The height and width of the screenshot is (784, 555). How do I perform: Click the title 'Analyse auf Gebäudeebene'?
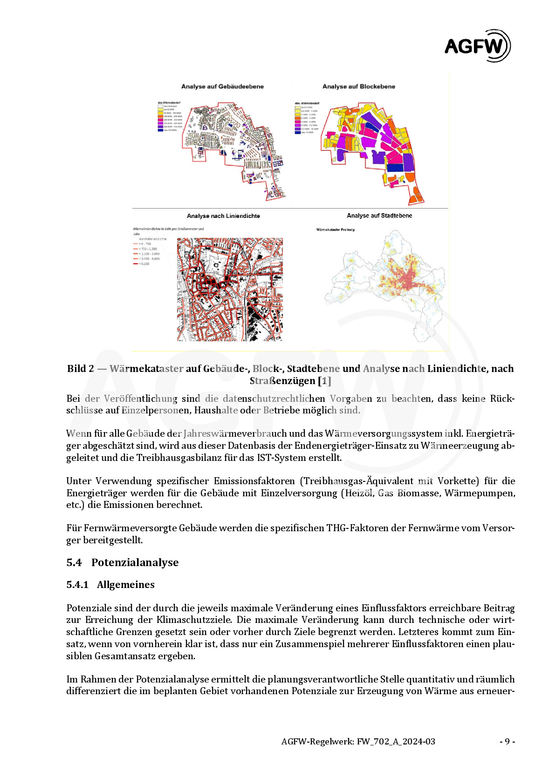pos(222,87)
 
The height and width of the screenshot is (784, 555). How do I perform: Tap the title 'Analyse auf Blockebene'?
pos(358,87)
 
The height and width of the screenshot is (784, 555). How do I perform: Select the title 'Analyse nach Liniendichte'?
pos(223,216)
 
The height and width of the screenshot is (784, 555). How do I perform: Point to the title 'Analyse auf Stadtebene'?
pos(379,216)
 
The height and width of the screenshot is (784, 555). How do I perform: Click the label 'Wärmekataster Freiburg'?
pos(335,230)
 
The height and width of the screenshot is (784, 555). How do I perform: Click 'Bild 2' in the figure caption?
pos(80,369)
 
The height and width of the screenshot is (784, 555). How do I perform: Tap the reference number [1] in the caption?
pos(324,381)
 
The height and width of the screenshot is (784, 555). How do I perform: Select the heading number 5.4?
pos(74,562)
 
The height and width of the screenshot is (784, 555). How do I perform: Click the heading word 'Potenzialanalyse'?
pos(135,562)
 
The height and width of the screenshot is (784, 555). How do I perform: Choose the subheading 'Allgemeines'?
pos(125,585)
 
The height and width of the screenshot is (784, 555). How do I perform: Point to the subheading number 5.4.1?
pos(77,585)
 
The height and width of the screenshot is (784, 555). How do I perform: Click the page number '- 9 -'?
pos(507,742)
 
